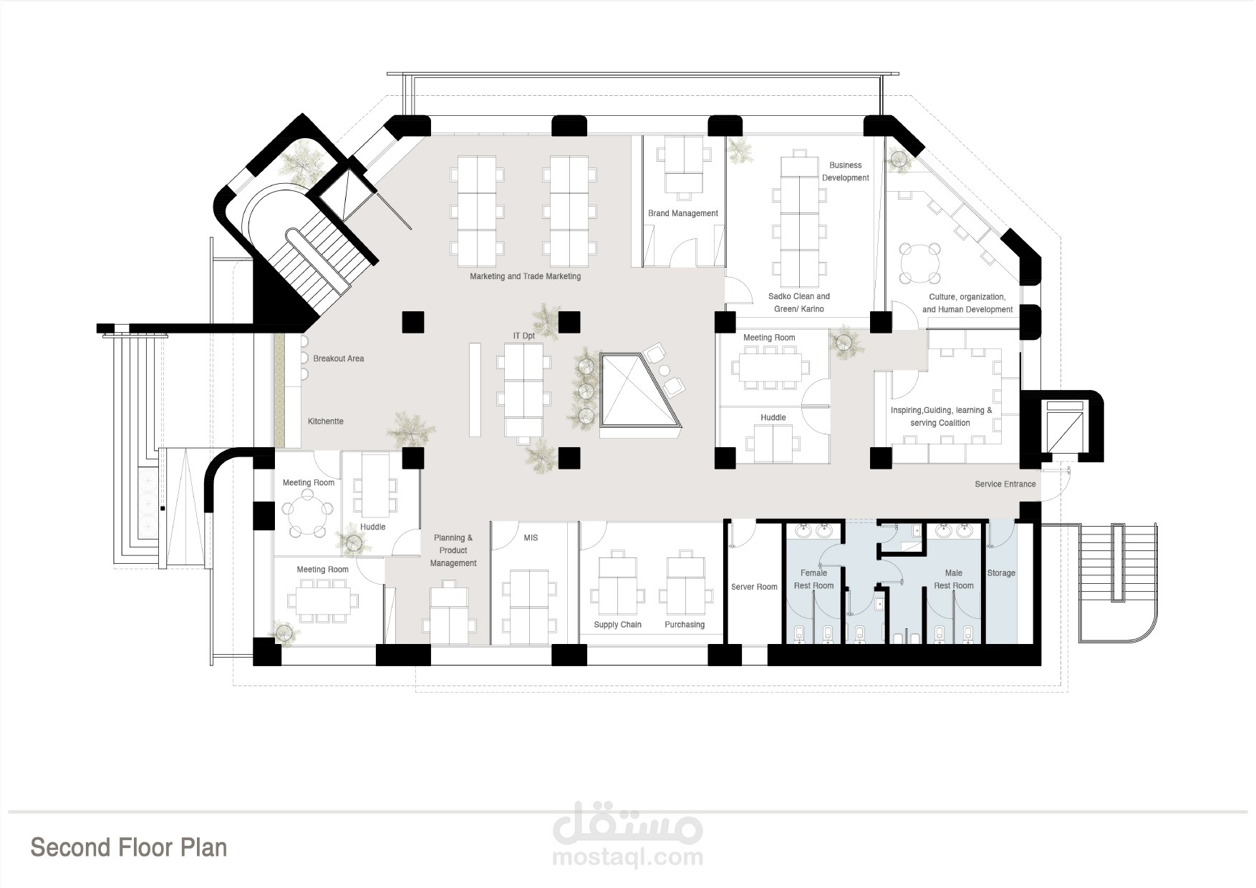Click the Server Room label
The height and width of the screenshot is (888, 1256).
pos(754,587)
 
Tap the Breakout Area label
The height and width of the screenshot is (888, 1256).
pos(339,358)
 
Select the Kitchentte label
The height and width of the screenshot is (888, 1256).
pos(326,421)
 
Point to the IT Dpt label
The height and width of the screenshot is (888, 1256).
pos(524,336)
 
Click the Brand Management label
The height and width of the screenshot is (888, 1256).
pos(683,213)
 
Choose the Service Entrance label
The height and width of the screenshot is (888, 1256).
pos(1005,484)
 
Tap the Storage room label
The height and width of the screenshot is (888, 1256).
pos(1001,573)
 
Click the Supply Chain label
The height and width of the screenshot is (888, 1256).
pos(618,625)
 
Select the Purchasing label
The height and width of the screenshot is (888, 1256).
pos(685,625)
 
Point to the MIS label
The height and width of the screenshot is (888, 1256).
pos(531,537)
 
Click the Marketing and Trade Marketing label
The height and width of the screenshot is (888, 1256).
pos(525,276)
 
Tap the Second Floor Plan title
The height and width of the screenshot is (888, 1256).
pos(129,847)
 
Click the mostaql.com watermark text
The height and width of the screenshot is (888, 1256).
pos(628,857)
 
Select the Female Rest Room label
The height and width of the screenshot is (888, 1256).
pos(813,580)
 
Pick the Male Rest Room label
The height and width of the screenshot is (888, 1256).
pos(954,580)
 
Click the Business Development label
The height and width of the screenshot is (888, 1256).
pos(846,172)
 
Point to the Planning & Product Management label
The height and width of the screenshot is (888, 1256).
pos(453,550)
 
